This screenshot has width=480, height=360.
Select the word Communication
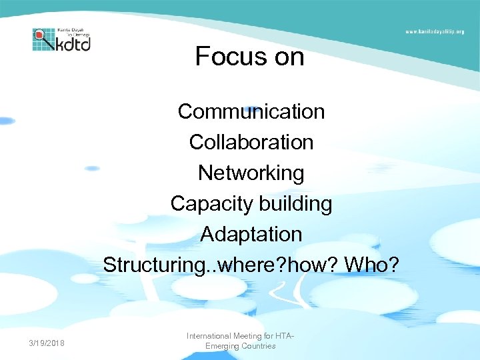coord(251,111)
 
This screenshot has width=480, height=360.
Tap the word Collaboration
coord(251,142)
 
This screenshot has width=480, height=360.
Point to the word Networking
coord(251,173)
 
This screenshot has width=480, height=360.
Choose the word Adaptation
coord(251,235)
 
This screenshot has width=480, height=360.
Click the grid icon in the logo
coord(44,40)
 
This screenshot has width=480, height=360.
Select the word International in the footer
coord(209,336)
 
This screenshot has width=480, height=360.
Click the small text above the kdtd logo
coord(73,32)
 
